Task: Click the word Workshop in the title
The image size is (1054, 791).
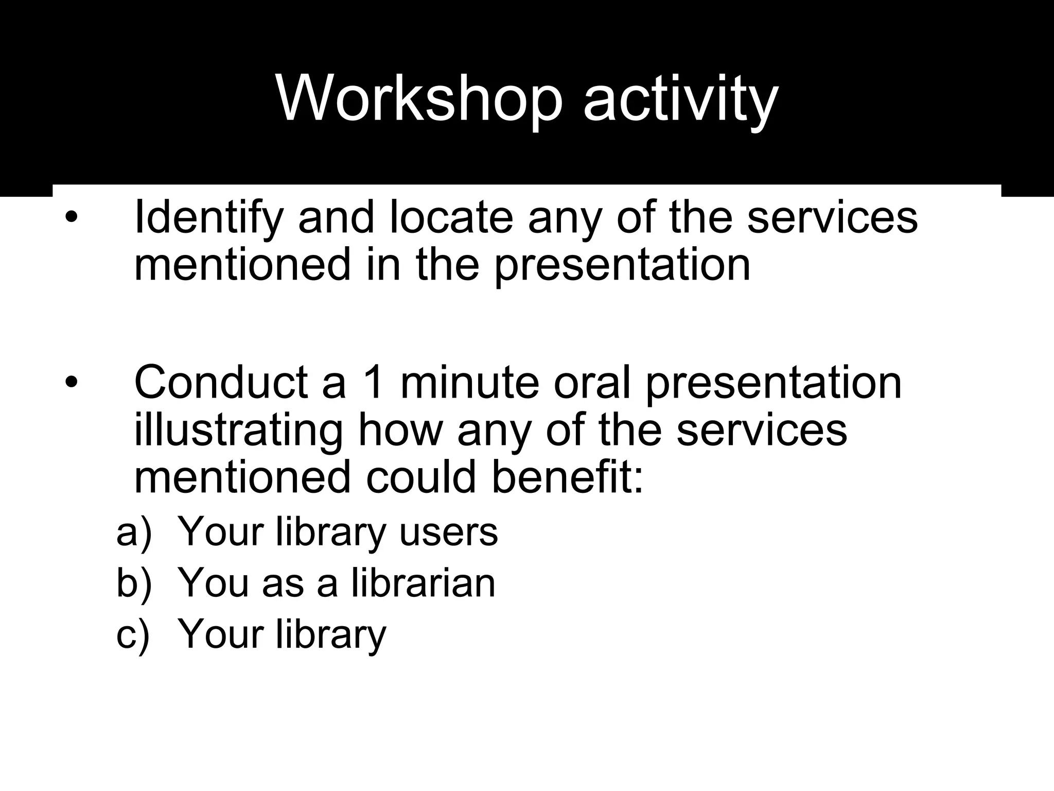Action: pyautogui.click(x=419, y=98)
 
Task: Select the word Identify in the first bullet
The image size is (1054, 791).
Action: pyautogui.click(x=208, y=217)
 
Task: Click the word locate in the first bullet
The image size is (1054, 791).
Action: pyautogui.click(x=451, y=217)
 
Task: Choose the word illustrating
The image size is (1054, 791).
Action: pyautogui.click(x=238, y=430)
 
